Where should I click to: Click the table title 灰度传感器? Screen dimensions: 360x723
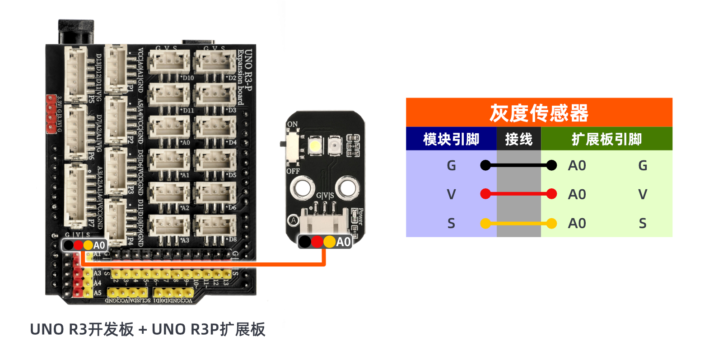[x=539, y=113]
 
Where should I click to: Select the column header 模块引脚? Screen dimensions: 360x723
[x=451, y=139]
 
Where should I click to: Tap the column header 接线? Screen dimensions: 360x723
[x=518, y=139]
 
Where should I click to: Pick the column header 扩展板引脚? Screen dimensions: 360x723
[x=606, y=139]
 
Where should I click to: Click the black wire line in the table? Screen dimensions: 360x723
[x=518, y=165]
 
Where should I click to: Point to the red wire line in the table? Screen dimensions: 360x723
[x=518, y=194]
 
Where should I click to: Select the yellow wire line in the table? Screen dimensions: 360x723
[x=518, y=223]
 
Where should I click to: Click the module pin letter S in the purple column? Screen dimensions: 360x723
[x=451, y=223]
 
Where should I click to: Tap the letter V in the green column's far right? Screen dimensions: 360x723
[x=642, y=194]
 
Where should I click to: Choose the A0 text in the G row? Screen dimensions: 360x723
[x=577, y=166]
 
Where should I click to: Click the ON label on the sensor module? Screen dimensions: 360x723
[x=292, y=124]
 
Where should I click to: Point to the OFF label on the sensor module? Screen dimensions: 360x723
[x=293, y=171]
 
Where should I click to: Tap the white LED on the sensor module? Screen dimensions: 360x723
[x=315, y=146]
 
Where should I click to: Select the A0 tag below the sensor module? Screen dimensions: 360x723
[x=343, y=242]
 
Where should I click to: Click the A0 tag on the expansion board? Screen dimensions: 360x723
[x=99, y=245]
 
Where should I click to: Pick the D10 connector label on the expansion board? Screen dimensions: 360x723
[x=187, y=78]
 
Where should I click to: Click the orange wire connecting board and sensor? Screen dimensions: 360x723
[x=203, y=263]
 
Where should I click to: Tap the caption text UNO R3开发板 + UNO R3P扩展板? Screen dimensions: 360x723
[x=148, y=329]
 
